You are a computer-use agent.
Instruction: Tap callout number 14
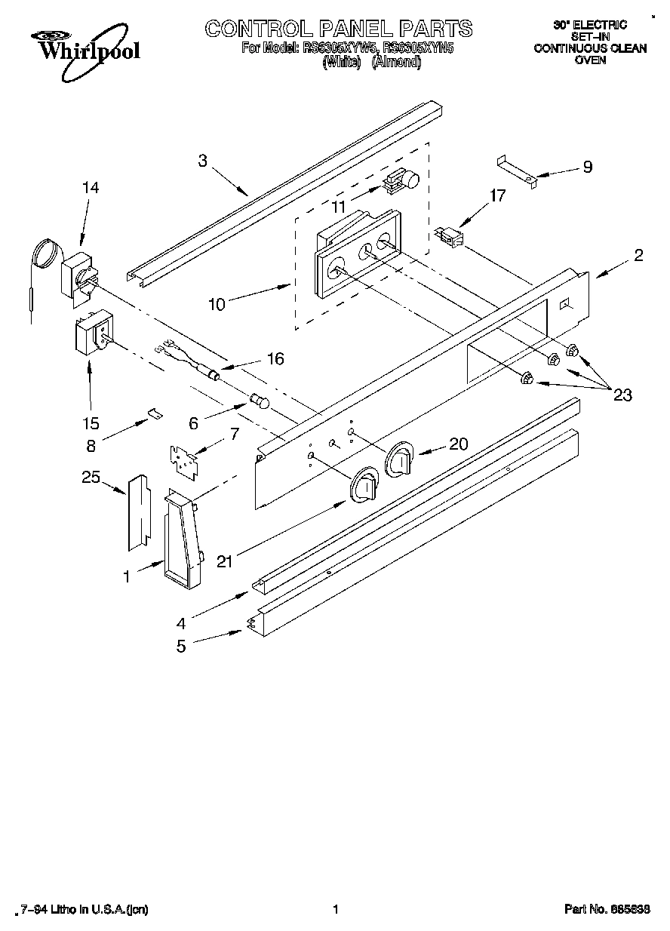click(x=91, y=188)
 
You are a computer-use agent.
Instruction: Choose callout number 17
click(x=497, y=196)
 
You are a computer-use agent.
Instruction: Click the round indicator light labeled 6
click(x=260, y=400)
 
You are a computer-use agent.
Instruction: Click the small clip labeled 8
click(x=155, y=412)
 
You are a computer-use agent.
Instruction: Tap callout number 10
click(x=216, y=305)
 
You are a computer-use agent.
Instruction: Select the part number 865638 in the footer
click(x=632, y=910)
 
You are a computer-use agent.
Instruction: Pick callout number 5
click(x=181, y=647)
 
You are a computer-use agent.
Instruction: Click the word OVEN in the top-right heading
click(x=590, y=60)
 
